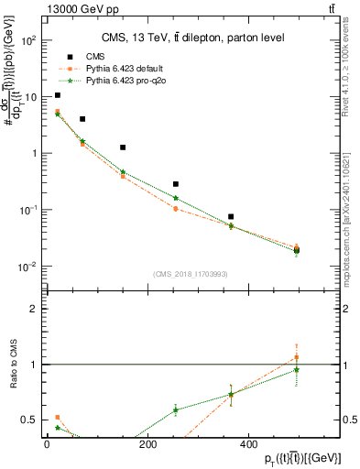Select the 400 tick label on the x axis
point(248,444)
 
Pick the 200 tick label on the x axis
point(147,444)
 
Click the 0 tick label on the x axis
point(47,444)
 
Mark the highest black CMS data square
point(58,95)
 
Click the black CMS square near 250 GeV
point(176,184)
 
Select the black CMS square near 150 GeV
point(123,147)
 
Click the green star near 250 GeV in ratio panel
point(176,409)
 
